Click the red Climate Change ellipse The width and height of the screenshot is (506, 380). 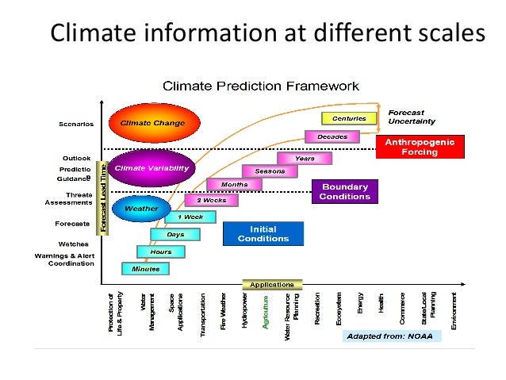point(152,123)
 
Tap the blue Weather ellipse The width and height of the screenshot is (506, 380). point(141,209)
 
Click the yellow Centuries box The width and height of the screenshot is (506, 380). point(348,118)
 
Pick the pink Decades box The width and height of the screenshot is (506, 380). point(332,136)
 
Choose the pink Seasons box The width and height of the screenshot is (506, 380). point(269,171)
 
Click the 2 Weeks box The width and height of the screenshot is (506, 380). point(212,200)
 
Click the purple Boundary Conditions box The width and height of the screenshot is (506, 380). point(343,192)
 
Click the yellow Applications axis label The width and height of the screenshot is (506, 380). point(271,285)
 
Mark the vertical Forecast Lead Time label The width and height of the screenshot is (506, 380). point(102,198)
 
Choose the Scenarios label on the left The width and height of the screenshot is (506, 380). point(76,124)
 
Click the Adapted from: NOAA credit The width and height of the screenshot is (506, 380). point(392,336)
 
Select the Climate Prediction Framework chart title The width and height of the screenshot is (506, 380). point(260,85)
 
